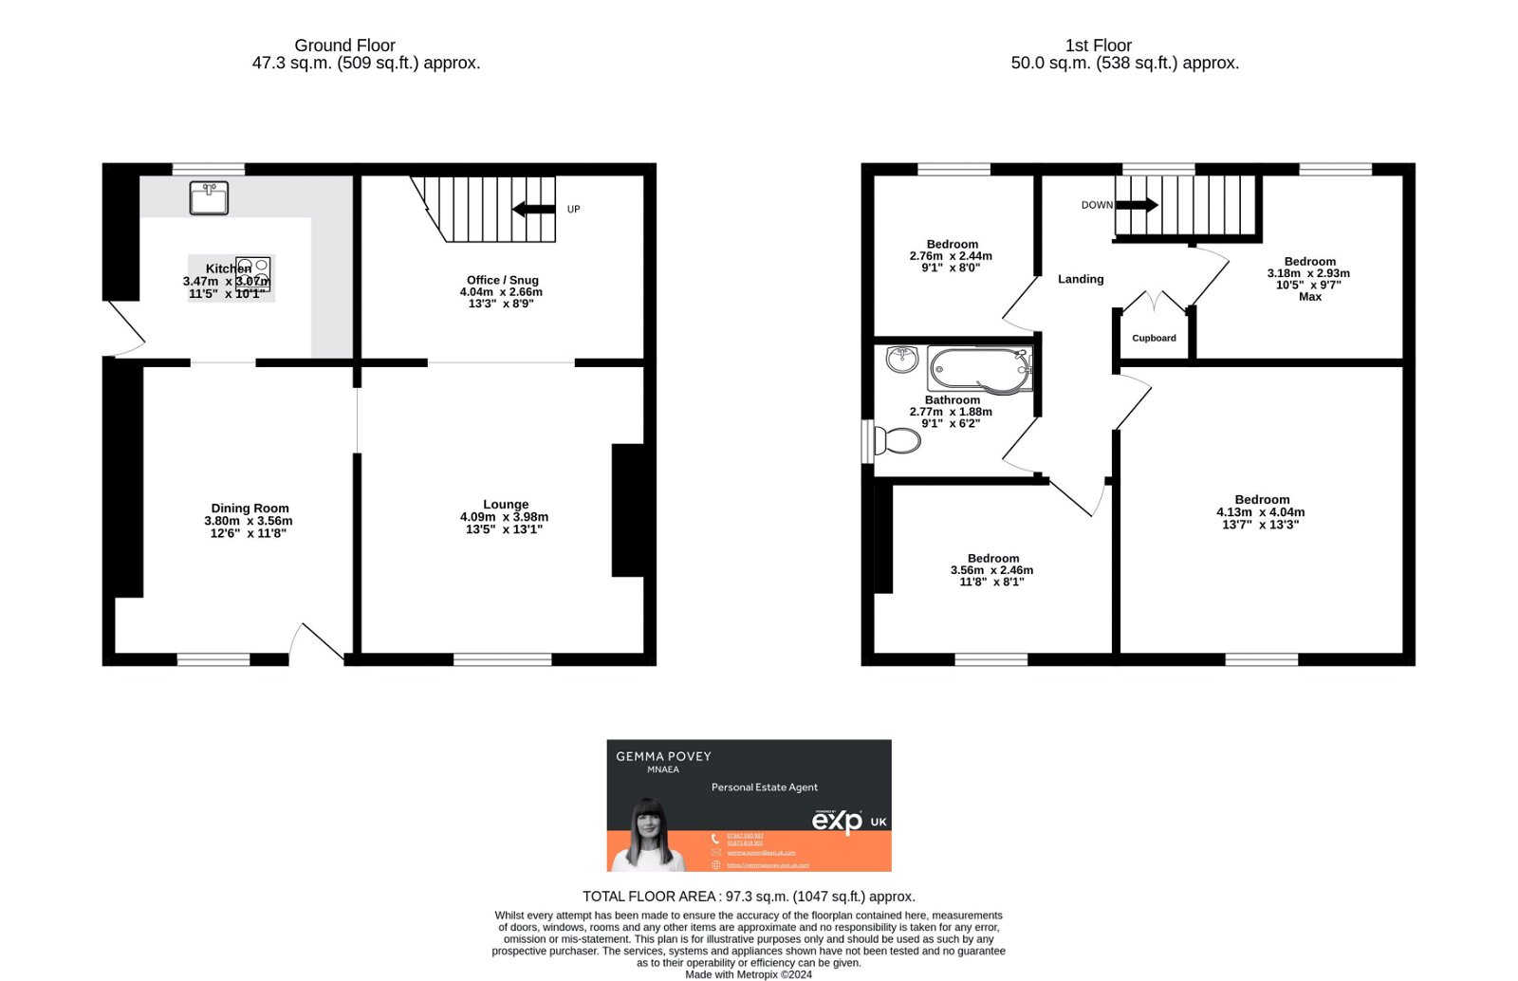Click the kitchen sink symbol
(x=209, y=197)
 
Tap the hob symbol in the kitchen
(x=253, y=273)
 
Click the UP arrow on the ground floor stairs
(x=534, y=210)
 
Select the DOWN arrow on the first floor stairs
(x=1137, y=205)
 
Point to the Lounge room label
(x=505, y=505)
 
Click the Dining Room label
(x=250, y=509)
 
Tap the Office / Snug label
(x=502, y=280)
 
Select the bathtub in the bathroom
(x=979, y=369)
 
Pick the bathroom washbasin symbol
(x=901, y=359)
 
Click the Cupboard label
(x=1154, y=338)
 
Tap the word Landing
(x=1081, y=279)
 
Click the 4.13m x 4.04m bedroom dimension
(x=1260, y=512)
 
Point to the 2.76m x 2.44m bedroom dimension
(x=951, y=256)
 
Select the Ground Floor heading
(x=344, y=46)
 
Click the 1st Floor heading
(x=1098, y=46)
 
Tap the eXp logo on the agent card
(x=837, y=821)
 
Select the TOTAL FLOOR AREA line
(x=749, y=897)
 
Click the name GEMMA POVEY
(x=663, y=756)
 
